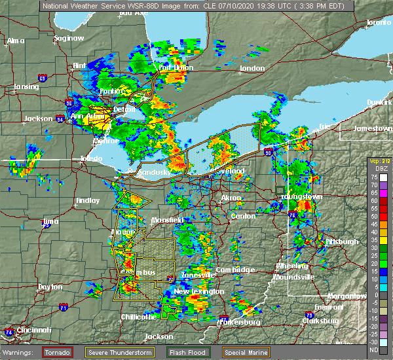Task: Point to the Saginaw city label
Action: [69, 38]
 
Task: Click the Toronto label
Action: [377, 22]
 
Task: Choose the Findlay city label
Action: [87, 200]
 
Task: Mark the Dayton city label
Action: [50, 287]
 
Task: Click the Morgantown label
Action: [348, 296]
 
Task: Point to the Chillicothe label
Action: [138, 317]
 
